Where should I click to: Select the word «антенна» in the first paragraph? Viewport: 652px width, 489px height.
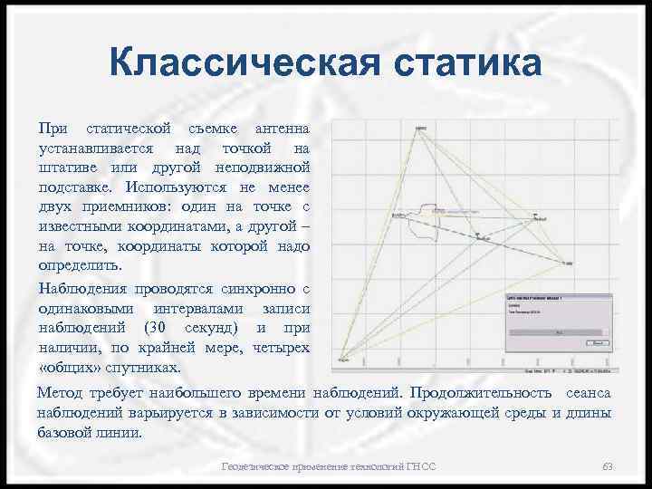click(281, 128)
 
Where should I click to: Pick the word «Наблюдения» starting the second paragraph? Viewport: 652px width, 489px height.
click(81, 289)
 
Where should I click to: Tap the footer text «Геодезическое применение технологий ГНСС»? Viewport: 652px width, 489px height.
click(329, 466)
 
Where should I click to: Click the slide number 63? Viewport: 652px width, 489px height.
click(608, 466)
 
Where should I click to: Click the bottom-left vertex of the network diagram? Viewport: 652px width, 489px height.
click(341, 360)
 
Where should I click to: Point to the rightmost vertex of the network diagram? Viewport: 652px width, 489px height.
click(568, 263)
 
